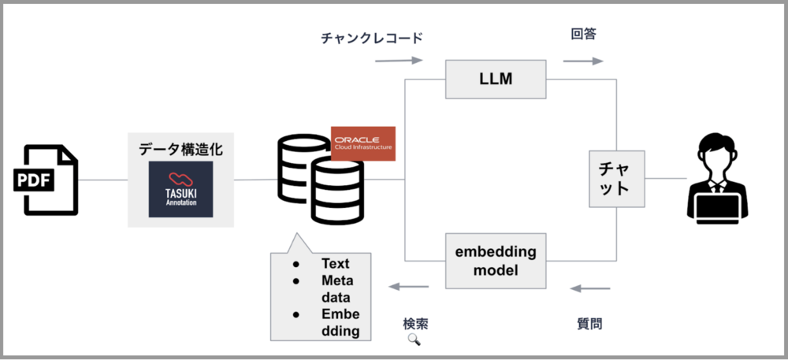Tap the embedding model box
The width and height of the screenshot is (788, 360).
tap(496, 261)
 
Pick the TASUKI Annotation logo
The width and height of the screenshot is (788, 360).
tap(180, 190)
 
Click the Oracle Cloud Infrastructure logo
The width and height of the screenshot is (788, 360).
tap(362, 143)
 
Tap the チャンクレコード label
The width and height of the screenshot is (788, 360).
tap(372, 38)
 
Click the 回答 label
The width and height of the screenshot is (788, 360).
tap(583, 35)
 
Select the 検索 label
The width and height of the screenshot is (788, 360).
tap(415, 323)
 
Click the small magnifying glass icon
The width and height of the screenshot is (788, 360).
tap(414, 340)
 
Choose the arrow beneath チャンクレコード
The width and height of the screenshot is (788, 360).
tap(400, 60)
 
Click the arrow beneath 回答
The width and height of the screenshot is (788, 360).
tap(583, 60)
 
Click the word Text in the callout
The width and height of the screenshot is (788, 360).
tap(335, 263)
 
